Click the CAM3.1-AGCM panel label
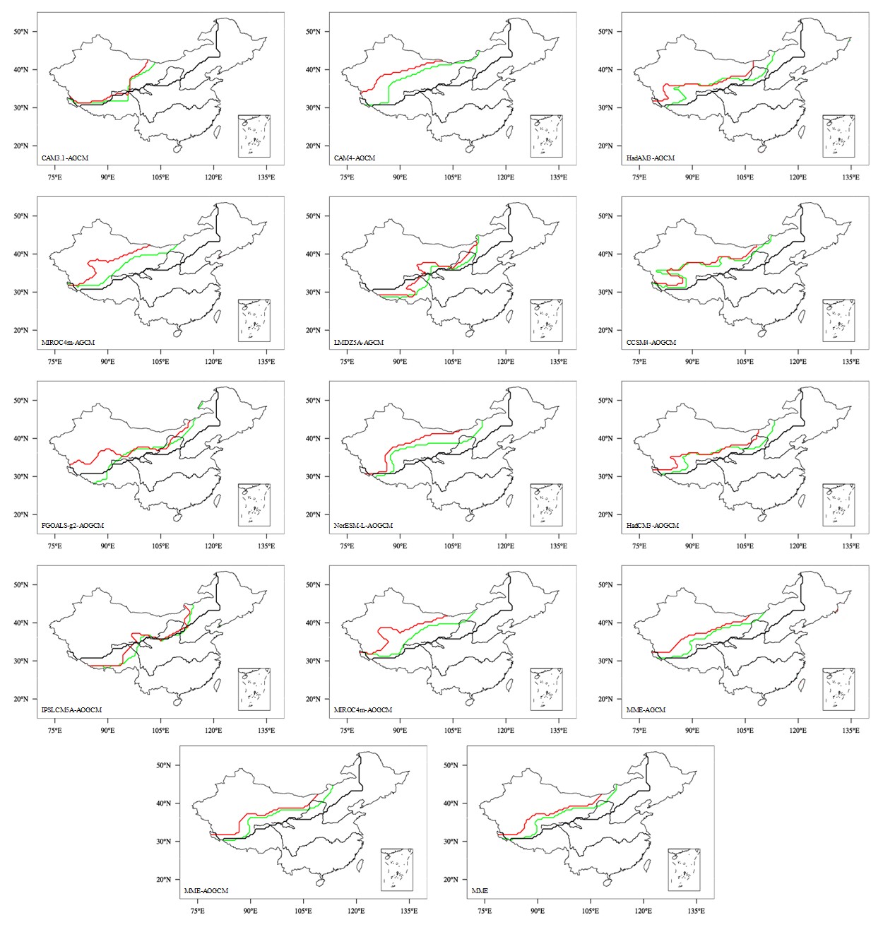65,158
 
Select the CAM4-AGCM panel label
355,158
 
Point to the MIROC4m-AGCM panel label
68,343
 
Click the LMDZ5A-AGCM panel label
358,343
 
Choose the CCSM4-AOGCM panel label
651,343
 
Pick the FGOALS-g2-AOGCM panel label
73,526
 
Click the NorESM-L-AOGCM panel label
363,526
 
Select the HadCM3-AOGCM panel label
653,526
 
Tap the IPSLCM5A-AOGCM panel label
72,709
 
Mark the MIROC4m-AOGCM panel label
362,709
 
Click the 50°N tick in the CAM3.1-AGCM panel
24,32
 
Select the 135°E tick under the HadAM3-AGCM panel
851,177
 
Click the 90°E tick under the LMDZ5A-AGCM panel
400,362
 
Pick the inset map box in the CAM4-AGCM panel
546,136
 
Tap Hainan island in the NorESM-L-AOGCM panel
468,517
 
